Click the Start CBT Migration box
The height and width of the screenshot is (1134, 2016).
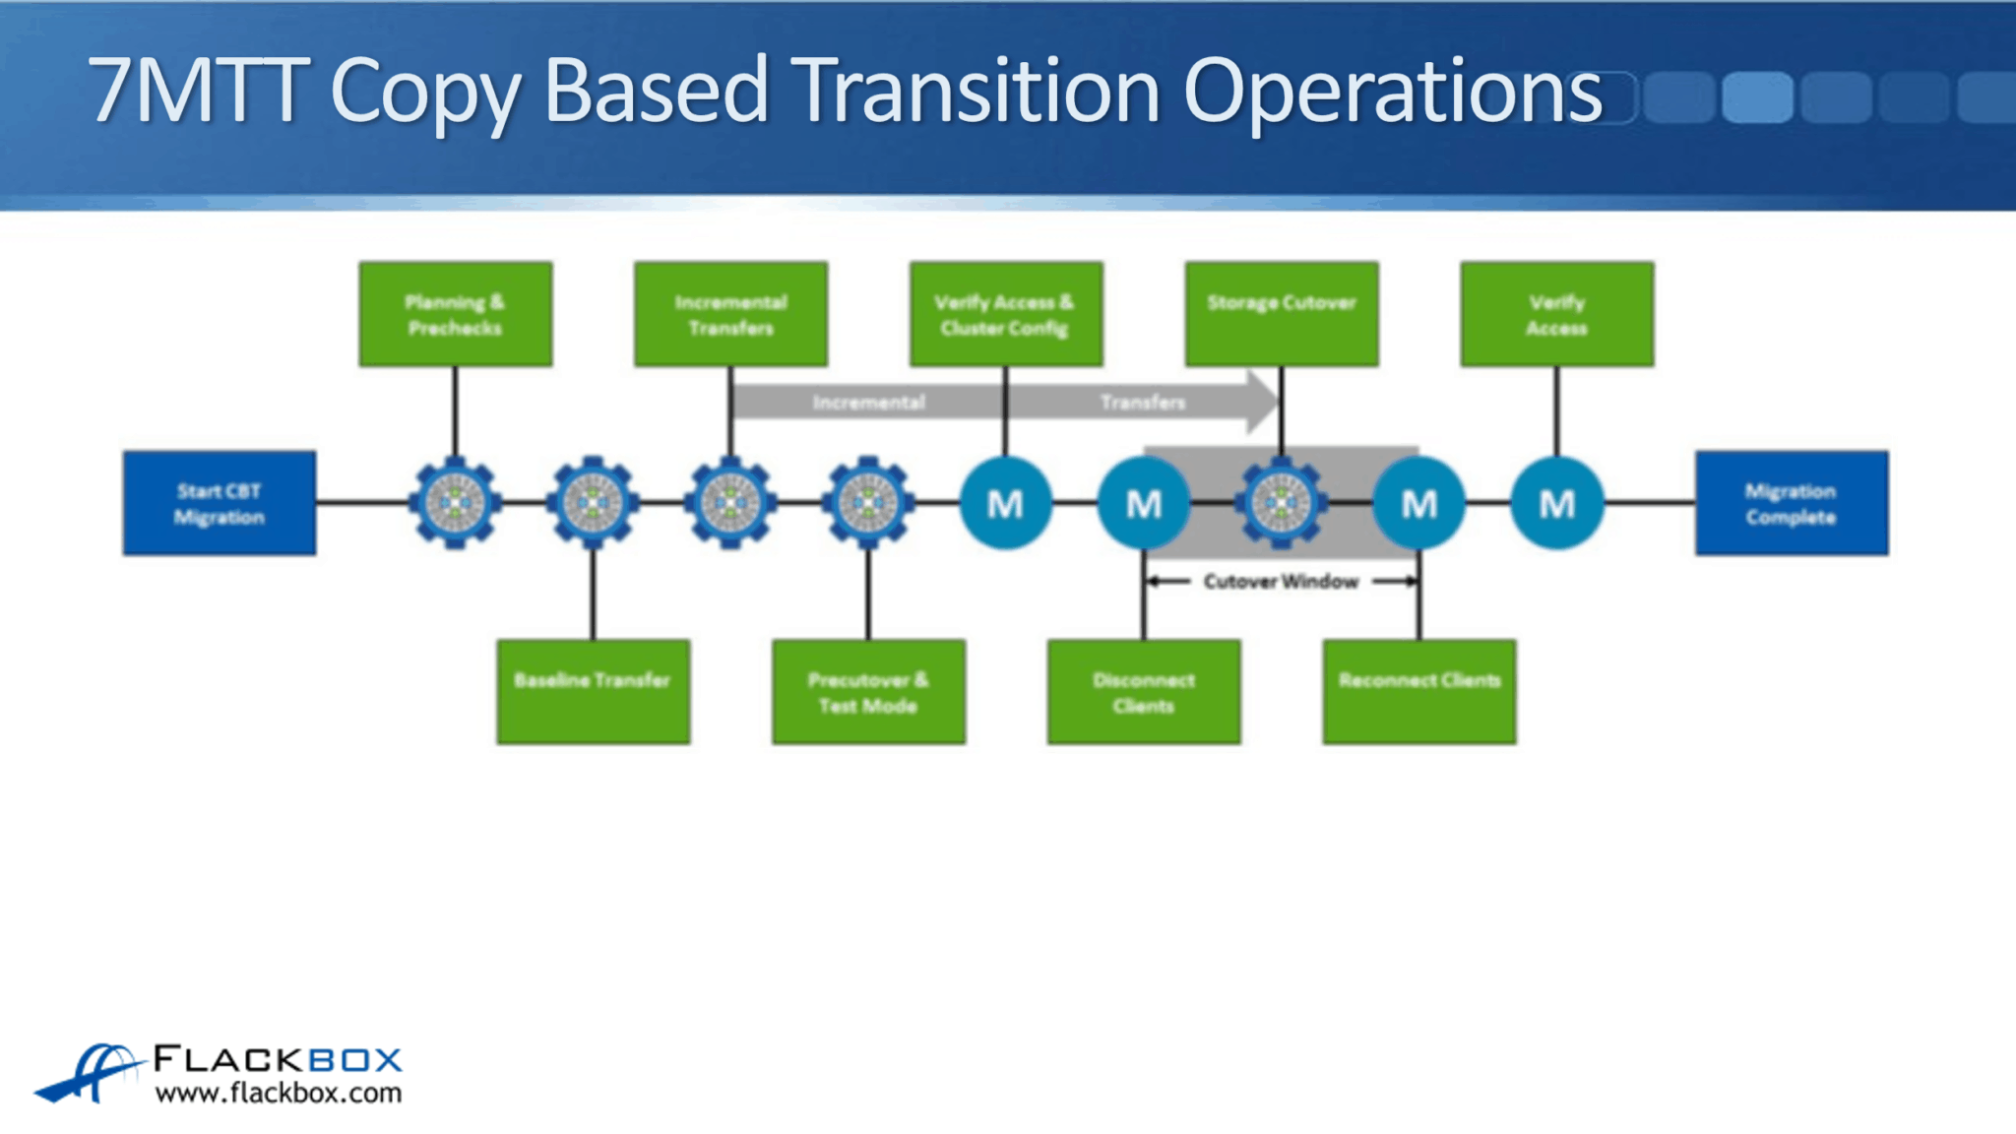click(220, 503)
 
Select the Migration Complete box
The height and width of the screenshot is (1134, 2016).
click(1792, 503)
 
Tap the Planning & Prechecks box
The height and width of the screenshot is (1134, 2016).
click(456, 314)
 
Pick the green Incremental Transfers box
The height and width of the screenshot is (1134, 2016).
click(731, 314)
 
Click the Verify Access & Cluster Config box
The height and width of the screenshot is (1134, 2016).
click(1006, 314)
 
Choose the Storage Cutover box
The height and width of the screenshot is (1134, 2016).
click(1282, 314)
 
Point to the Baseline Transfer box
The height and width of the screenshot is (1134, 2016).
click(594, 692)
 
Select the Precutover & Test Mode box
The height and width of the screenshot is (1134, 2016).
click(868, 692)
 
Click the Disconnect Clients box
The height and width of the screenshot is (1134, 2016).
click(1144, 692)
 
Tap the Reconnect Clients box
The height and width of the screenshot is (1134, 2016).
click(1419, 692)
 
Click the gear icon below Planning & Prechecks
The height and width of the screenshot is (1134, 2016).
click(455, 502)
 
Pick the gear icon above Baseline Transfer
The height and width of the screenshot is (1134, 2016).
click(593, 502)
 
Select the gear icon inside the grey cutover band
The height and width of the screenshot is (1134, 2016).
click(1281, 502)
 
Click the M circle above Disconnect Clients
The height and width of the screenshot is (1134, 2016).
click(1144, 503)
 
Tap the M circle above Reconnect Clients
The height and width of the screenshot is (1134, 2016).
click(1419, 503)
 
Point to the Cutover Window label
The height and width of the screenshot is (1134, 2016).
click(1281, 582)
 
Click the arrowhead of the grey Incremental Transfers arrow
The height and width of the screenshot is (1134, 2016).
click(1263, 402)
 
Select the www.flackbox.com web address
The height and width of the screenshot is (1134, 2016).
click(279, 1094)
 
